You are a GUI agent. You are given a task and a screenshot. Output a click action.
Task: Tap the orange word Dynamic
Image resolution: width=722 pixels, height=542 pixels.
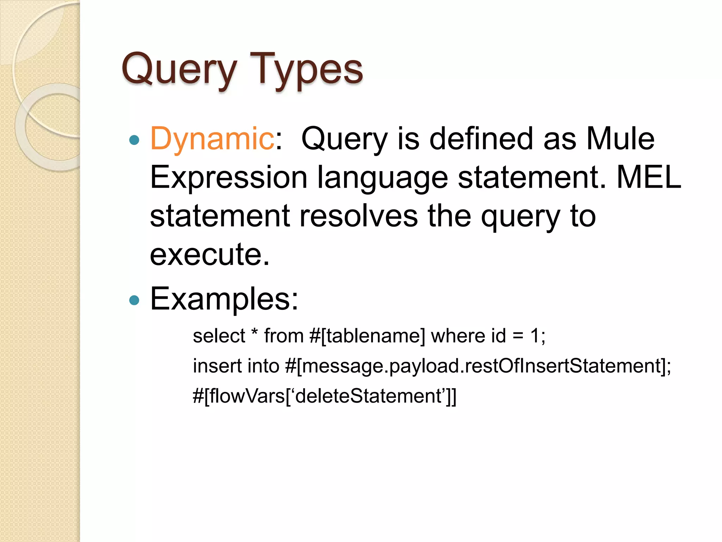(x=212, y=139)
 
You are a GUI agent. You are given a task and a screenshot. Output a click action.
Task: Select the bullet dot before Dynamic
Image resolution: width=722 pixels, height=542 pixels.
(x=134, y=140)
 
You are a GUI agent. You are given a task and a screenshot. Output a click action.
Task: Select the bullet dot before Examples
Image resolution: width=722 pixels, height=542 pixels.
(x=134, y=300)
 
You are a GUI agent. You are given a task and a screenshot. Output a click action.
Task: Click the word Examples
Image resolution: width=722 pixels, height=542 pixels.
(x=224, y=299)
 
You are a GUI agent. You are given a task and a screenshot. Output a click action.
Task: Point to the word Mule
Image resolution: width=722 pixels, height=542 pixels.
(x=620, y=139)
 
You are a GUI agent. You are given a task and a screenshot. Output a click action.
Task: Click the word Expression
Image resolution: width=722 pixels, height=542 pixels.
(x=228, y=177)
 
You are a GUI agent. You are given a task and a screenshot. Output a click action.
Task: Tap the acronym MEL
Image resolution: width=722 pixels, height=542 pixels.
(x=649, y=177)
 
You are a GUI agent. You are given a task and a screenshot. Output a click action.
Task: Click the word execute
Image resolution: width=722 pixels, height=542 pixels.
(x=209, y=254)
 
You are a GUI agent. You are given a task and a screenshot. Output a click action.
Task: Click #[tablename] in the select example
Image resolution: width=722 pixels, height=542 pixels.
(x=367, y=336)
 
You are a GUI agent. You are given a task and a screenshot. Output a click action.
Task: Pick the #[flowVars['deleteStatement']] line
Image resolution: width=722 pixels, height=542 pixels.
(x=324, y=396)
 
